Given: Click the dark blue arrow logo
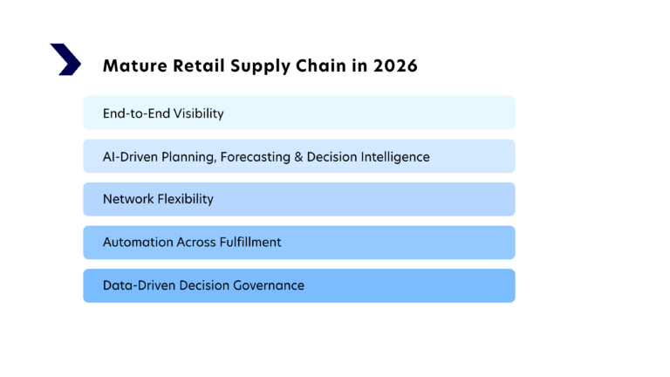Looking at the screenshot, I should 65,59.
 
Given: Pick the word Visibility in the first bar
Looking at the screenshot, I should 197,113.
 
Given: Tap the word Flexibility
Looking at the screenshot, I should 184,200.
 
